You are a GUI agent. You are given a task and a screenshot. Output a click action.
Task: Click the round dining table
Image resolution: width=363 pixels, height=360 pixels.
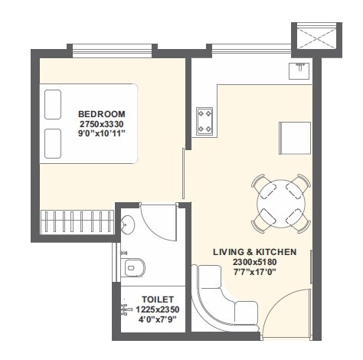pyautogui.click(x=280, y=202)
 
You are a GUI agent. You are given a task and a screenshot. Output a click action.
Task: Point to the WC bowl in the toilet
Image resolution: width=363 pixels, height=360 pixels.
pyautogui.click(x=134, y=269)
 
